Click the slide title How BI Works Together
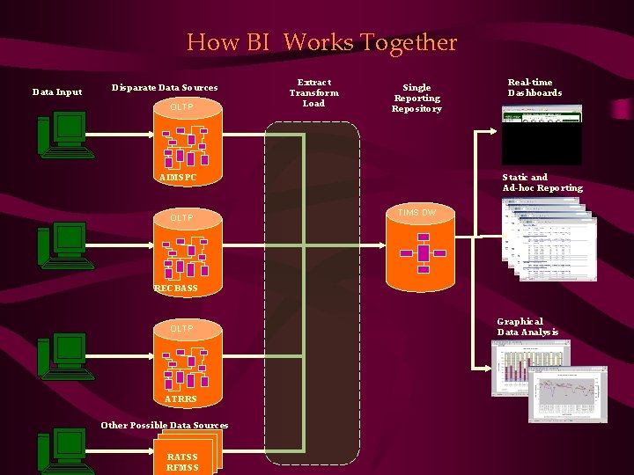coord(321,42)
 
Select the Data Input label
coord(57,91)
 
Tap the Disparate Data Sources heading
coord(165,88)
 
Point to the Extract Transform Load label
coord(313,92)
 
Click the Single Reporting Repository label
coord(417,98)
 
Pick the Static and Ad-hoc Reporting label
coord(542,183)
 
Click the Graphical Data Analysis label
coord(527,326)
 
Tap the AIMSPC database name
coord(178,179)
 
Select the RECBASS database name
coord(176,289)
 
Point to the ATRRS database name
coord(180,399)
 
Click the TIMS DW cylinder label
coord(417,213)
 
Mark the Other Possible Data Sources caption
coord(165,426)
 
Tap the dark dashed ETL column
coord(313,290)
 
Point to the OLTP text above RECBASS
coord(181,217)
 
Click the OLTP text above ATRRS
coord(181,328)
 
